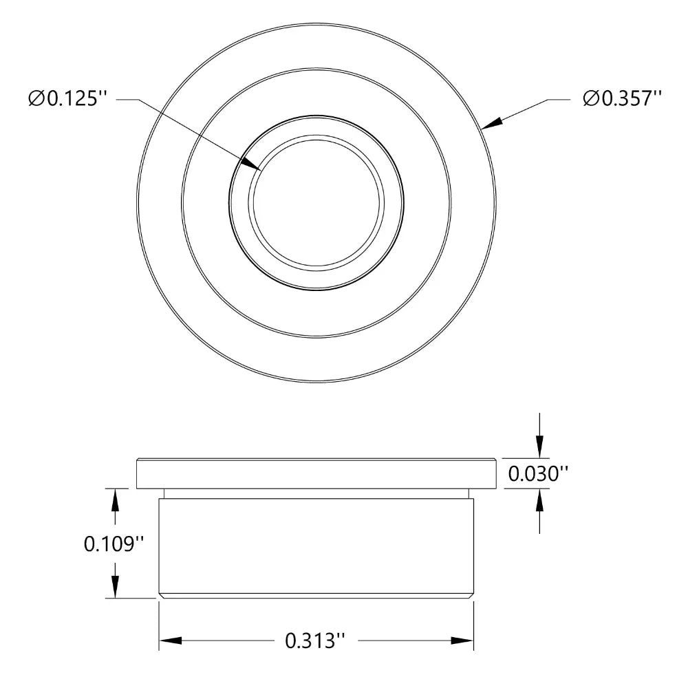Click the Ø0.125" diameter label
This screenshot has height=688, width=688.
click(69, 99)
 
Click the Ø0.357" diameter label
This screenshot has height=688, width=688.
click(622, 99)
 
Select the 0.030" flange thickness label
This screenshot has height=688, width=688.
click(538, 473)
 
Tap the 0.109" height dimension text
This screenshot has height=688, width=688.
click(114, 544)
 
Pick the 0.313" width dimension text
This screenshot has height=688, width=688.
click(314, 641)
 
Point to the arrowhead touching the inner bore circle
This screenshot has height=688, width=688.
click(253, 164)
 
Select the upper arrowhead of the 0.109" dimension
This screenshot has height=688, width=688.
click(115, 499)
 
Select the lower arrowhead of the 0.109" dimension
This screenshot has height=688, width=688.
click(115, 588)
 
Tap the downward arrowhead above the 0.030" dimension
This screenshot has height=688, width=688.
click(540, 447)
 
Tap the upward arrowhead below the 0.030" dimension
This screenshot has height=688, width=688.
click(540, 500)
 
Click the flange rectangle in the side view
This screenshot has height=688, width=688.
click(316, 473)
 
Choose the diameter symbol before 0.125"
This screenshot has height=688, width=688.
click(37, 100)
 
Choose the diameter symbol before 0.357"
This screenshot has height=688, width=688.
click(590, 100)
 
